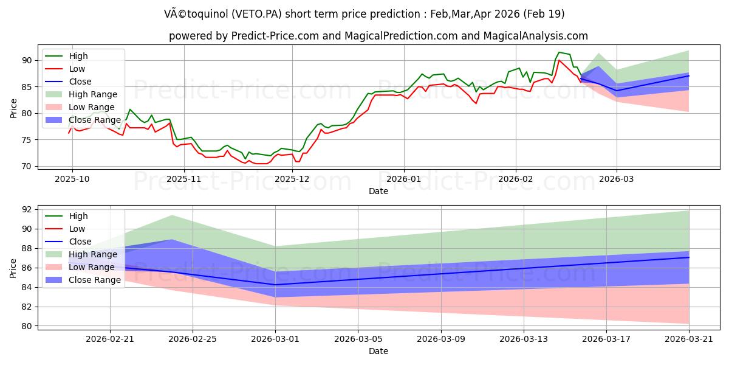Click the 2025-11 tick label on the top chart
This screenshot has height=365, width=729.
[x=185, y=179]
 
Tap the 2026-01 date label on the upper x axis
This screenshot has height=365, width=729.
[x=404, y=179]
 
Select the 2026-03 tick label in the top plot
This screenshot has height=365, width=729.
[x=617, y=179]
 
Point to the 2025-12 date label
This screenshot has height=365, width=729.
[x=292, y=179]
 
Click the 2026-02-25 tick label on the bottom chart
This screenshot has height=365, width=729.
[x=193, y=339]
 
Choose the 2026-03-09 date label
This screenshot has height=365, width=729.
[x=441, y=339]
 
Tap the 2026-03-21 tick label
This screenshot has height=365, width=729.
[x=689, y=339]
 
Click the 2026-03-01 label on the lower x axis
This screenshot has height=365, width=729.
[x=275, y=339]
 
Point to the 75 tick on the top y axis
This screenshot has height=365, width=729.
[x=27, y=140]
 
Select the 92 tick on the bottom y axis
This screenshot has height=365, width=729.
[x=27, y=209]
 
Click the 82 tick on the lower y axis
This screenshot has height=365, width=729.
[x=27, y=307]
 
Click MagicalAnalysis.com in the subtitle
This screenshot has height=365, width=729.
[x=536, y=36]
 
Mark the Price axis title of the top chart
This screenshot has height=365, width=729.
[x=13, y=108]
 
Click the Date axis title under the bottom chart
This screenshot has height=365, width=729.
[x=378, y=352]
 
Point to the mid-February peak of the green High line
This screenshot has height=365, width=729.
[x=559, y=52]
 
